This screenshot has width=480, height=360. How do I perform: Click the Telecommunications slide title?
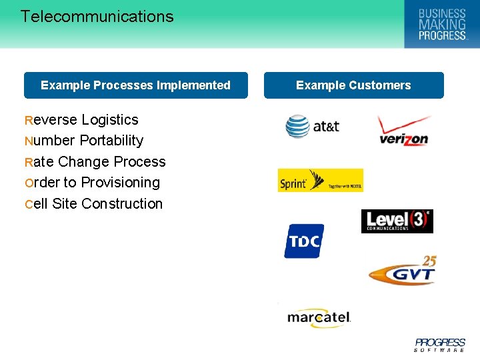coord(97,17)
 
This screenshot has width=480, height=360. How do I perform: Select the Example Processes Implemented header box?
coord(135,85)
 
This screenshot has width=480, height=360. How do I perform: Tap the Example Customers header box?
coord(353,85)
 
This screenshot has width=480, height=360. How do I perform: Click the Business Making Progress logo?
coord(441,24)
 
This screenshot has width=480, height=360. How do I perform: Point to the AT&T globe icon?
coord(297,126)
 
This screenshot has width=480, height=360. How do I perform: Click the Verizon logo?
coord(404,131)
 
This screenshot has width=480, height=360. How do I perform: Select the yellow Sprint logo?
coord(320,181)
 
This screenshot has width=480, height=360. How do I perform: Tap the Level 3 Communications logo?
coord(397,221)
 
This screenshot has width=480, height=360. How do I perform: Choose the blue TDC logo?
coord(304,241)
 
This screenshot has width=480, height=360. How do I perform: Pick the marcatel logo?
coord(319,317)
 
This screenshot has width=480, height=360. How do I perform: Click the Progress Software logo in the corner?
coord(440,345)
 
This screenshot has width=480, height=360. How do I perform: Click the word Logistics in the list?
coord(110,120)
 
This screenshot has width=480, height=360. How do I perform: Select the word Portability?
coord(111,141)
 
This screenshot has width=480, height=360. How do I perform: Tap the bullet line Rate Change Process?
coord(95,162)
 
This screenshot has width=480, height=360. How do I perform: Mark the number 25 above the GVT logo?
coord(429,261)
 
